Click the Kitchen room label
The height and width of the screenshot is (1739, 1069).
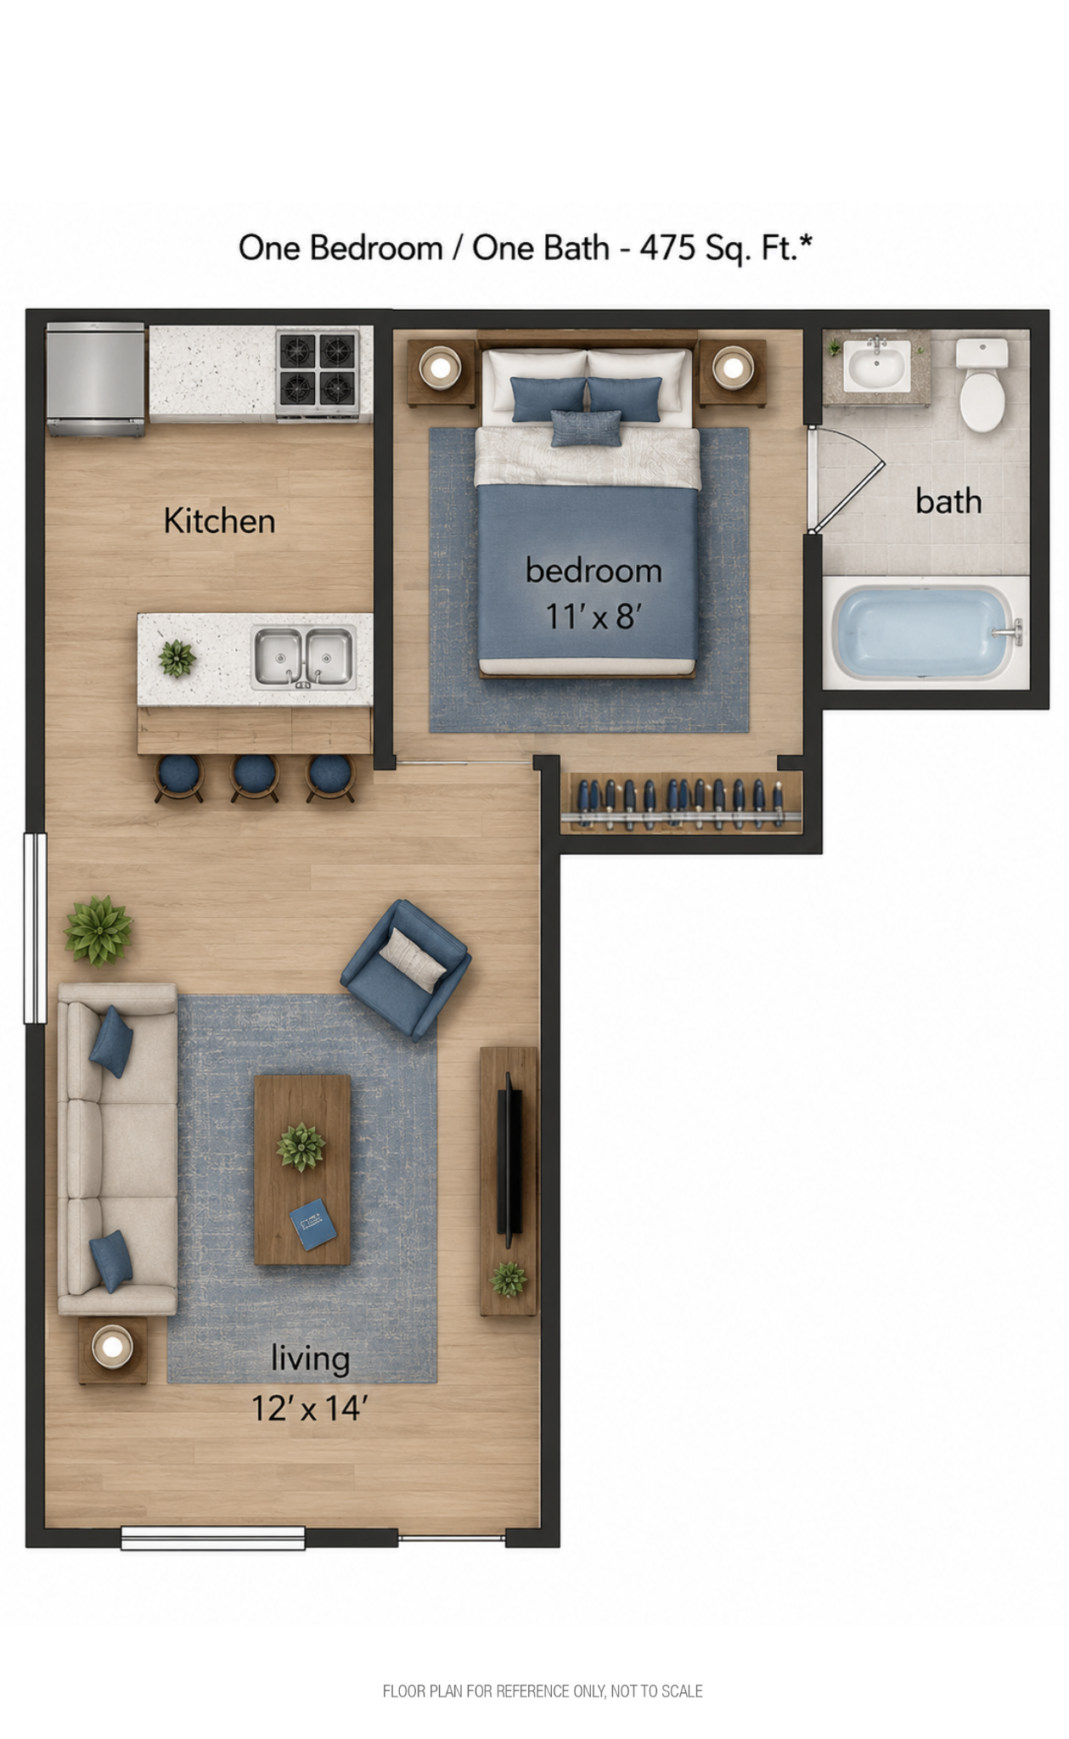click(219, 521)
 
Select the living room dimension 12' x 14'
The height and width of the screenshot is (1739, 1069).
click(309, 1409)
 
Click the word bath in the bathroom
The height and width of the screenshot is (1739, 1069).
click(948, 501)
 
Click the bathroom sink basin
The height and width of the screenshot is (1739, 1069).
click(877, 367)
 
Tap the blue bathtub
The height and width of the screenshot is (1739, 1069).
click(926, 633)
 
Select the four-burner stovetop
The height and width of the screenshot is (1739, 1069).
click(318, 370)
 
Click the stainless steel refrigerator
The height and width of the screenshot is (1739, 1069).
click(95, 379)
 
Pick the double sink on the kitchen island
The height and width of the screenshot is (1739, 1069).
click(304, 657)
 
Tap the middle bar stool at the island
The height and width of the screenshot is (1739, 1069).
click(255, 778)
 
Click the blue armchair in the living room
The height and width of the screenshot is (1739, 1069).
click(406, 970)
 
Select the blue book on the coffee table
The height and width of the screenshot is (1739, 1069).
click(312, 1224)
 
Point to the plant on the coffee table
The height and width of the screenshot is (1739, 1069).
click(301, 1146)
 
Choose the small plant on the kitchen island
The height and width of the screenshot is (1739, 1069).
click(177, 658)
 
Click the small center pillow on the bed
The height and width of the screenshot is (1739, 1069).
click(586, 428)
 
